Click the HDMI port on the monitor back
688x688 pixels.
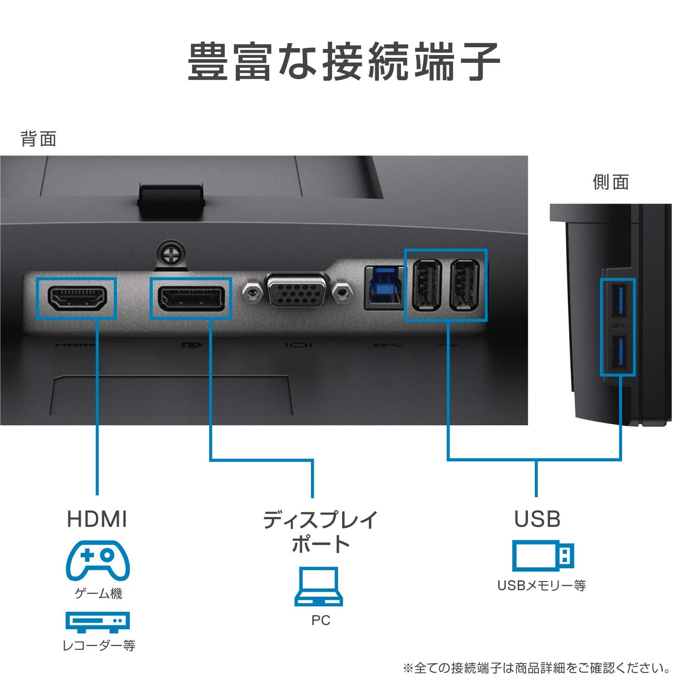[x=77, y=298]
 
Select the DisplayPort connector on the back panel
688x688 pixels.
[x=191, y=298]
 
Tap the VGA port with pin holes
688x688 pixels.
[x=297, y=290]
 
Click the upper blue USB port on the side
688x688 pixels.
[x=617, y=301]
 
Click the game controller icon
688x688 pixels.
[x=98, y=560]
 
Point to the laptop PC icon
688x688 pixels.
[x=319, y=587]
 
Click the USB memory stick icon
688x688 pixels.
[x=543, y=556]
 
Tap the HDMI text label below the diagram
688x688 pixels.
[x=97, y=519]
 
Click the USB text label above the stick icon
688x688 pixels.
[x=537, y=519]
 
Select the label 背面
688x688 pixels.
[x=39, y=139]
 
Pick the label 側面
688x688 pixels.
[x=610, y=182]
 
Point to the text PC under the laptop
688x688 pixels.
[x=321, y=620]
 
